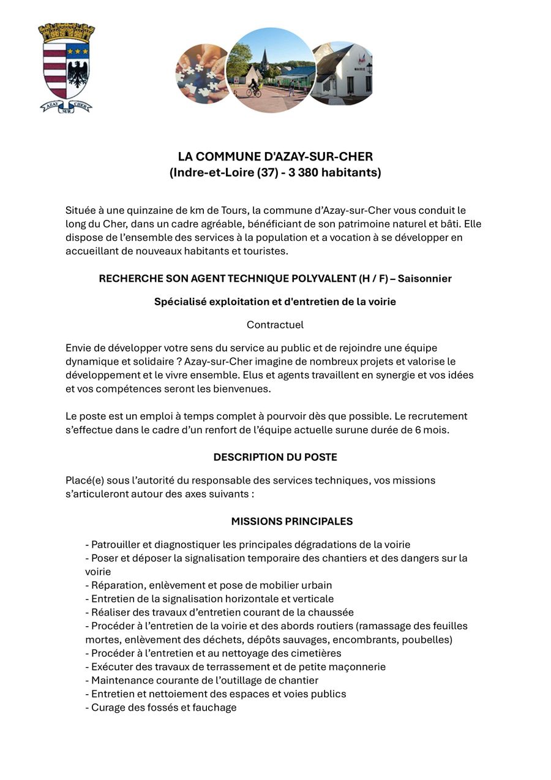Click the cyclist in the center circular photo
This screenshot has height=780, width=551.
pos(254,88)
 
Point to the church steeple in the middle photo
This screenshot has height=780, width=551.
pos(264,58)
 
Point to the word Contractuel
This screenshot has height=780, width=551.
pos(275,325)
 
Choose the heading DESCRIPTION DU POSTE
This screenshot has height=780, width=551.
pos(275,458)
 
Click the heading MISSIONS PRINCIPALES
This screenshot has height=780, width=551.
pos(292,522)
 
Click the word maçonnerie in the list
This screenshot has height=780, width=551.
pos(356,667)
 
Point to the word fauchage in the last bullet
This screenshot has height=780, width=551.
pos(215,708)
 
